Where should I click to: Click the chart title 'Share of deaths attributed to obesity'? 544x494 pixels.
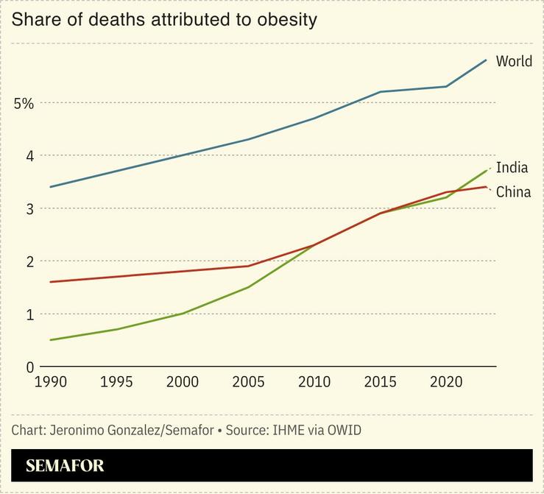coord(164,20)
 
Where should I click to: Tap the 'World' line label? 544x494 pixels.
coord(514,61)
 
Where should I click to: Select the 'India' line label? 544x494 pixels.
coord(512,167)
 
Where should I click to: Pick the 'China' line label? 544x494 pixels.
coord(513,192)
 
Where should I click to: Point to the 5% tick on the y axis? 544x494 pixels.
coord(24,103)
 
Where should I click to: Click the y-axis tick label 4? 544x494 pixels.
coord(29,156)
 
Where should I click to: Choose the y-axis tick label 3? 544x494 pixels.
coord(29,209)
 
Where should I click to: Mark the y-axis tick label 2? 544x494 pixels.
coord(29,261)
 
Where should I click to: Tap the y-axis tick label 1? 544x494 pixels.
coord(29,314)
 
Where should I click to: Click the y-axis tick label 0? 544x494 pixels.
coord(29,367)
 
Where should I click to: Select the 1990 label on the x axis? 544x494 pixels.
coord(50,382)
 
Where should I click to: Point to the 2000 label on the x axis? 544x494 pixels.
coord(183,382)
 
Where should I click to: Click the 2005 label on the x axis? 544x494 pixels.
coord(249,382)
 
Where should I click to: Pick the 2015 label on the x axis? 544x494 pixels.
coord(381,382)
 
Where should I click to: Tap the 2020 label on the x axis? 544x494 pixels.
coord(446,382)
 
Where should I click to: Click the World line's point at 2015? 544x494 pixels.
coord(381,92)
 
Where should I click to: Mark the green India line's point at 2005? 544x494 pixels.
coord(249,287)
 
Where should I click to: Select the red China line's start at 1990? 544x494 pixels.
coord(50,282)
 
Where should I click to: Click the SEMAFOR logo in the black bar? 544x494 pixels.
coord(65,466)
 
